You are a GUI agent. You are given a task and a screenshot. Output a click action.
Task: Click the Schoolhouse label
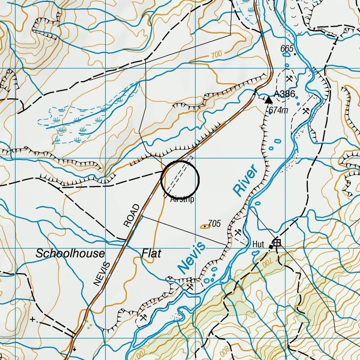(x=70, y=254)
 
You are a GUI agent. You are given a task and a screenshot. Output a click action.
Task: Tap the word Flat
(x=152, y=253)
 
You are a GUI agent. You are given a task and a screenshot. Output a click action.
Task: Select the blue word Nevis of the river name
(x=192, y=258)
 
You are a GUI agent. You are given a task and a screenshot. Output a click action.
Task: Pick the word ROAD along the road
(x=131, y=216)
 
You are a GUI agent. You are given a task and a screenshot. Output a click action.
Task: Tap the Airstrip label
(x=182, y=199)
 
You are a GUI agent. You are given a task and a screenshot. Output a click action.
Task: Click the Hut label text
(x=258, y=244)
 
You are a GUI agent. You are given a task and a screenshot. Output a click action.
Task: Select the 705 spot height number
(x=214, y=224)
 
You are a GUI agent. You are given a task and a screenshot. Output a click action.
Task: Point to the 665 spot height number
(x=287, y=49)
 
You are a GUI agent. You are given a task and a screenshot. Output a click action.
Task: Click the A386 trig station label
(x=285, y=94)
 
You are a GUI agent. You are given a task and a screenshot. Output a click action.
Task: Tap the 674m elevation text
(x=278, y=110)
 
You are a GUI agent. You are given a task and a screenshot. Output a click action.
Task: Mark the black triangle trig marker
(x=269, y=100)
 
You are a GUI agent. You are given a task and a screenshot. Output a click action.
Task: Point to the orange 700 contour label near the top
(x=216, y=55)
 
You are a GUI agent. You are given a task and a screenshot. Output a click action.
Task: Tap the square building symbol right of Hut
(x=277, y=242)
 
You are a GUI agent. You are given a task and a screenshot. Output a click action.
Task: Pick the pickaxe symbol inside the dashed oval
(x=290, y=78)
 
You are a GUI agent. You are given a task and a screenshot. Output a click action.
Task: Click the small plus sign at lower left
(x=33, y=319)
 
